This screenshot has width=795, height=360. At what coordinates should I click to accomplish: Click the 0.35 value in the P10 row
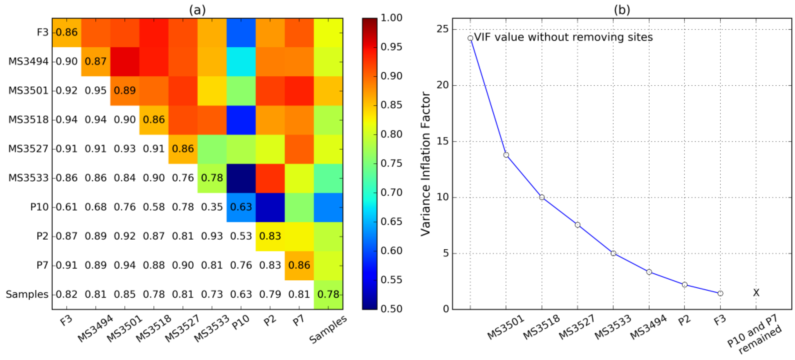(212, 207)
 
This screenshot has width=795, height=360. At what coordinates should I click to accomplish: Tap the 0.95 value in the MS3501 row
(96, 90)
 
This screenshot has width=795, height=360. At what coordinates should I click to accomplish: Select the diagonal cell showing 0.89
(125, 90)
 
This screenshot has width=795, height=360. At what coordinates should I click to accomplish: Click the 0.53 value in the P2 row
(241, 236)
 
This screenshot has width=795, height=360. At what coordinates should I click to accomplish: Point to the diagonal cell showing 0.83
(270, 236)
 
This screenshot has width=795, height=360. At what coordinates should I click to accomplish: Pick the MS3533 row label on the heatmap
(28, 178)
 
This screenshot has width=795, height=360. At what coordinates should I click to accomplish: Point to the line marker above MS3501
(506, 155)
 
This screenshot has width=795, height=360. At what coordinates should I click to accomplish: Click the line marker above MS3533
(613, 253)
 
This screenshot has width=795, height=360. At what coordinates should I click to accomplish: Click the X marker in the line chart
(756, 292)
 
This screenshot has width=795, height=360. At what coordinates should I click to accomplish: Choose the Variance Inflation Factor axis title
(426, 163)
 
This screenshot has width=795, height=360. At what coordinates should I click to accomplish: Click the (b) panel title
(622, 10)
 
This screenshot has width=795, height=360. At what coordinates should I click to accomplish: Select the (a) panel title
(197, 10)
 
